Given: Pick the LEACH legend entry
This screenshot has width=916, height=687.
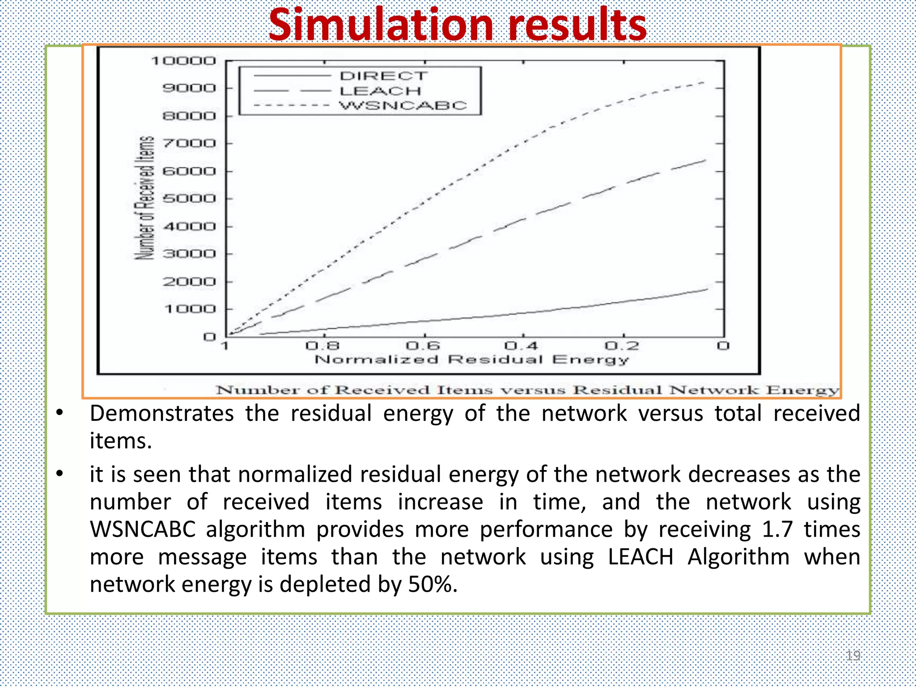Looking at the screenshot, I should point(380,91).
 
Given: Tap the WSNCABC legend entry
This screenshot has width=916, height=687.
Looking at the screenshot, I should point(403,106).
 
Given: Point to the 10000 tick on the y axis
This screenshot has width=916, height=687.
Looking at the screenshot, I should point(184,61).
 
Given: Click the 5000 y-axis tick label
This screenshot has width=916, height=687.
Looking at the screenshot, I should point(189,199).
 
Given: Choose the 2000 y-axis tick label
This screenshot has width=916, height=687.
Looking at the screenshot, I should point(189,282).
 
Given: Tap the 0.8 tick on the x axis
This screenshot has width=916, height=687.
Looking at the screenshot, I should point(322,346).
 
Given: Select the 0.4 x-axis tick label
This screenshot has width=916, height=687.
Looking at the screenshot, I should point(521,346).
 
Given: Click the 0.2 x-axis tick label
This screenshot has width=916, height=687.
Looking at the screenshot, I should point(622,346).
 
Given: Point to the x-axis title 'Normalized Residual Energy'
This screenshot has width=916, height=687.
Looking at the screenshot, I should point(472,360).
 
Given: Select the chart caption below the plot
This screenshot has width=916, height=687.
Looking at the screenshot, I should point(527,390).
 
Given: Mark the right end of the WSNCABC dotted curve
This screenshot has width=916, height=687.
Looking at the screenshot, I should point(704,82).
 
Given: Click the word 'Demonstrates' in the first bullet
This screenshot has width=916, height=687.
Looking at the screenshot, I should point(162,413).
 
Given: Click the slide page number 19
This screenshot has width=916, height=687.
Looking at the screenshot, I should point(853,656).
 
